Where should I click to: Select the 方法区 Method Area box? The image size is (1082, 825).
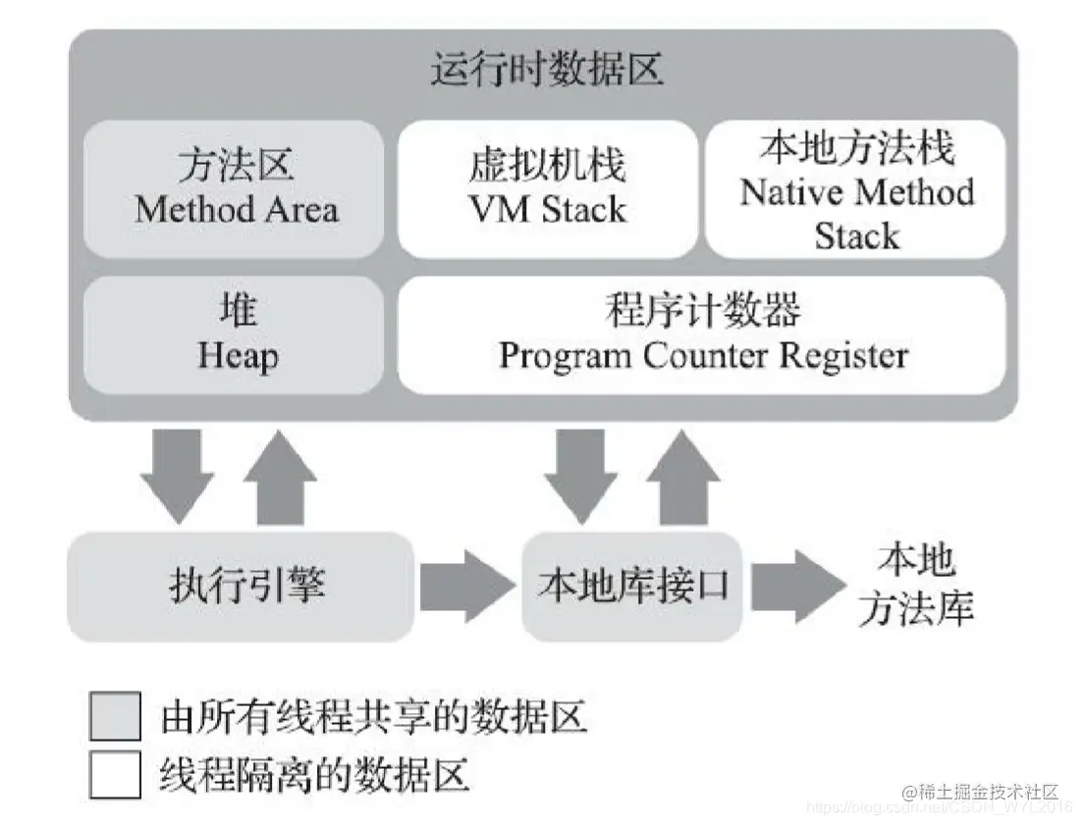pyautogui.click(x=235, y=188)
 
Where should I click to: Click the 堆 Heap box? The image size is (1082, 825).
pyautogui.click(x=235, y=335)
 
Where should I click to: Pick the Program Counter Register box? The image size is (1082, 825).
pyautogui.click(x=701, y=335)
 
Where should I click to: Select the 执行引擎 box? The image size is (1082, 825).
pyautogui.click(x=240, y=586)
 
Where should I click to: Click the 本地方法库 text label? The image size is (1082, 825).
pyautogui.click(x=915, y=586)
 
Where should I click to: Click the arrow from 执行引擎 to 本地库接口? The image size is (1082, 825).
pyautogui.click(x=466, y=586)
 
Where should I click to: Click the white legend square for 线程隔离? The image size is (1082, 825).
pyautogui.click(x=116, y=775)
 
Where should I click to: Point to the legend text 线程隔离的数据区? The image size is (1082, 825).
pyautogui.click(x=314, y=775)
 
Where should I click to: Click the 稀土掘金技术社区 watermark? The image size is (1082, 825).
pyautogui.click(x=982, y=792)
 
